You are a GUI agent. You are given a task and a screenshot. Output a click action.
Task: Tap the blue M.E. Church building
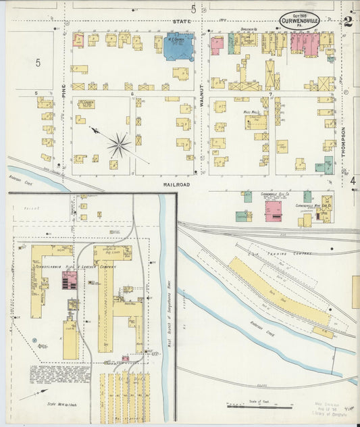click(179, 47)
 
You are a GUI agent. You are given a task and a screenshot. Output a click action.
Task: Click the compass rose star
click(119, 144)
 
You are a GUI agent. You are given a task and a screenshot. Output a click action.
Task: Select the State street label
click(181, 22)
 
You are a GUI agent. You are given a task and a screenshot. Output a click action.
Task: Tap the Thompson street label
click(344, 143)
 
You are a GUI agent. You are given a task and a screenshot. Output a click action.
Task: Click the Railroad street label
click(176, 184)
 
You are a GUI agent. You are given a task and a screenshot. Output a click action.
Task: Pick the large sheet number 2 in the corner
click(347, 21)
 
